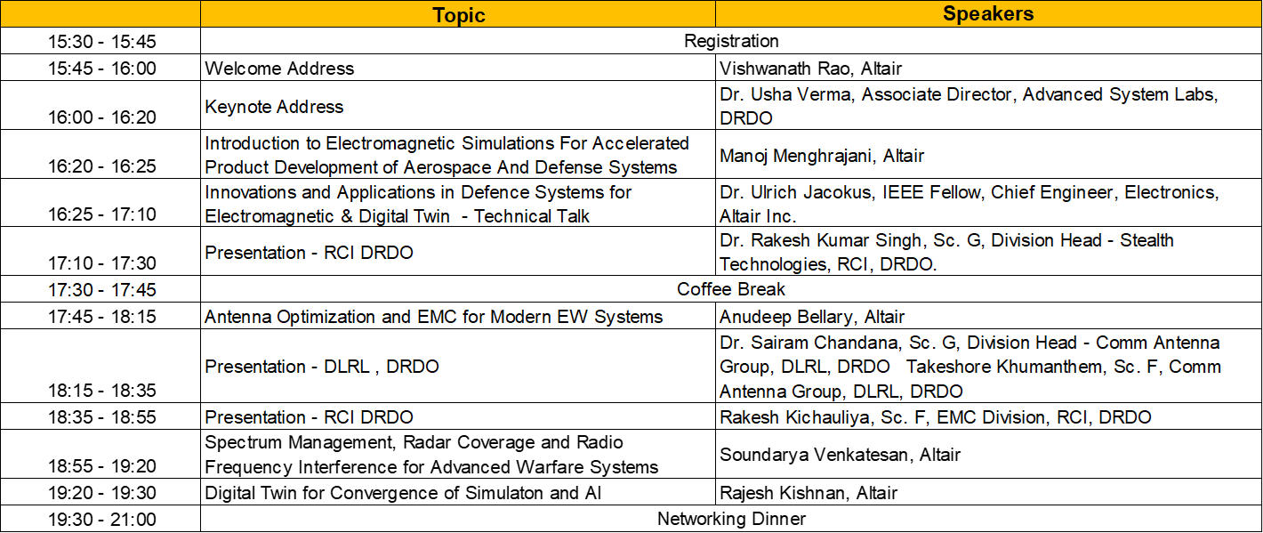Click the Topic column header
coord(458,14)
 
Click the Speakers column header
coord(988,13)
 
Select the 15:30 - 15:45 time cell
coord(101,41)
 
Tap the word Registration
coord(731,41)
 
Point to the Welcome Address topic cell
coord(279,69)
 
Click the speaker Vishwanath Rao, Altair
coord(810,69)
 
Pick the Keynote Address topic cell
coord(274,107)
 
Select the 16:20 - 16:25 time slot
coord(101,166)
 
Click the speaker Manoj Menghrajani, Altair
coord(822,156)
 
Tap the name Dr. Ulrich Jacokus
coord(795,192)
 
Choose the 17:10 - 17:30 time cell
coord(101,262)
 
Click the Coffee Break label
coord(731,289)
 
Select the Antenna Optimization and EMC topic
coord(433,317)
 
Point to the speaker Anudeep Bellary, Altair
coord(811,317)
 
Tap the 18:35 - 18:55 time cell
coord(101,416)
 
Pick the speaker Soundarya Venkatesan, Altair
coord(840,455)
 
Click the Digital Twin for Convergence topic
coord(403,493)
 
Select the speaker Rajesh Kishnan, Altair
coord(808,493)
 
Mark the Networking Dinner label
coord(731,519)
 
